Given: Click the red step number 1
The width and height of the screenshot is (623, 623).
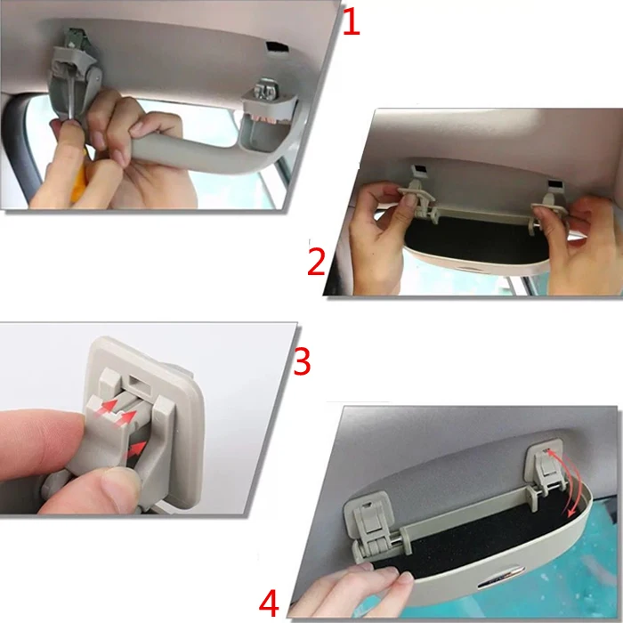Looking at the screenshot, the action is click(352, 22).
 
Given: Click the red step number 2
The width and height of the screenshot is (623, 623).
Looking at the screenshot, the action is click(316, 262).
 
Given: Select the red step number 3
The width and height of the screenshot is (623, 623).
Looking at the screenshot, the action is click(302, 360).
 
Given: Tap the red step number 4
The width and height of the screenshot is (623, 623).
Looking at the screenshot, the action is click(269, 603).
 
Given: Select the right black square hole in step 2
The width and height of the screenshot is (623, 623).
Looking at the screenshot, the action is click(554, 186).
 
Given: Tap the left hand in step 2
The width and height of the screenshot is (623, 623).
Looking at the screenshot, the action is click(377, 234).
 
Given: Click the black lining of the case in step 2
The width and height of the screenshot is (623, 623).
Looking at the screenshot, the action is click(469, 239).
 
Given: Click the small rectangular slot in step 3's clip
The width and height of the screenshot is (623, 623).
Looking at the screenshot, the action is click(137, 384).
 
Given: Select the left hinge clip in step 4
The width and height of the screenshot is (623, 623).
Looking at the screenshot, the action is click(369, 524).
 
